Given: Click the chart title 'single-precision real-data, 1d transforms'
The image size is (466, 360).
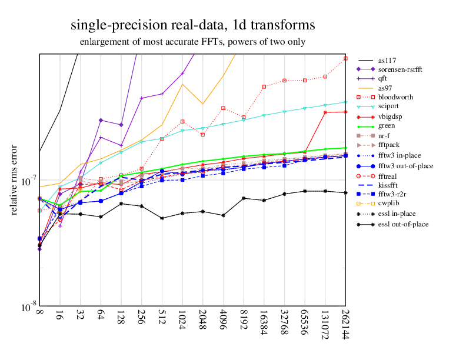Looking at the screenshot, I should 192,26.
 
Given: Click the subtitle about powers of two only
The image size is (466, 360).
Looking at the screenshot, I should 192,42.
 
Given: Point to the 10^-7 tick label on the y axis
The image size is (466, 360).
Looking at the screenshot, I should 25,182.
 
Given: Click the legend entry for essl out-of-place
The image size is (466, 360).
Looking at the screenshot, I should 403,224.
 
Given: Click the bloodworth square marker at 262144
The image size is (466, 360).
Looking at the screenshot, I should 345,58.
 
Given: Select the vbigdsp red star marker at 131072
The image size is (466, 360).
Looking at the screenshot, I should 325,112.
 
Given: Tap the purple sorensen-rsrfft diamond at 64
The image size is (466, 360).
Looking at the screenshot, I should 101,120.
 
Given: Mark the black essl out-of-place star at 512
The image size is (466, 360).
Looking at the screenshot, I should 162,218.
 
